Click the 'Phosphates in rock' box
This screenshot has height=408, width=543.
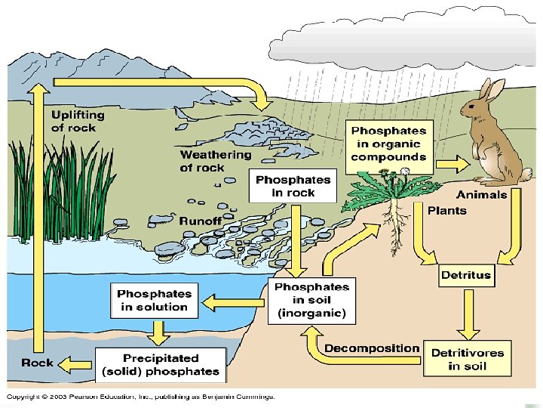coord(293,186)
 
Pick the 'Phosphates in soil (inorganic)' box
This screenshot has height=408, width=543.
coord(311,300)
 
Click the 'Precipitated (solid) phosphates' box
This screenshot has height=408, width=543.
coord(160,365)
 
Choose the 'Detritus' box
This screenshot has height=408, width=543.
coord(465,275)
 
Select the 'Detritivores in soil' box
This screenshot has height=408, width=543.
coord(467,360)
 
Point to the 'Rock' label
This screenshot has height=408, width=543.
coord(37,363)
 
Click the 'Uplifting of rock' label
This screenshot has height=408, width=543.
coord(78,122)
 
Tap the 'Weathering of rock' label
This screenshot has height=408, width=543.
coord(216,161)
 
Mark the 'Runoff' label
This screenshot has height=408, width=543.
coord(201,221)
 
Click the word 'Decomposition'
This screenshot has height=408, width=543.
coord(372,348)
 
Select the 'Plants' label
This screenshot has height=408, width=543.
coord(447,210)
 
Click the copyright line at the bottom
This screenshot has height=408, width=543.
coord(141,396)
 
